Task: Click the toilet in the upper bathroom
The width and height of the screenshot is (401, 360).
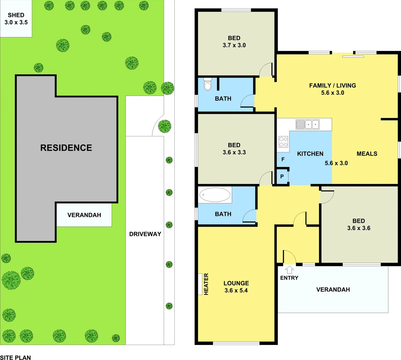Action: (x=208, y=84)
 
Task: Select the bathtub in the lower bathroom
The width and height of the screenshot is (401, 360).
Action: (x=215, y=195)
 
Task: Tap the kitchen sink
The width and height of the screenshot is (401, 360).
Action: (x=307, y=124)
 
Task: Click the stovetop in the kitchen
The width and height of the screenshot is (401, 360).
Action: (x=283, y=142)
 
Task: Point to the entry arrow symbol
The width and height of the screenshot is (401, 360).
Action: (x=289, y=270)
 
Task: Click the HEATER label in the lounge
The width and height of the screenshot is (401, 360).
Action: (x=206, y=284)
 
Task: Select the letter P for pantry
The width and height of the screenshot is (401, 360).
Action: (x=282, y=177)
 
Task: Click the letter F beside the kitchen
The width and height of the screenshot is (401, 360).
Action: (x=283, y=160)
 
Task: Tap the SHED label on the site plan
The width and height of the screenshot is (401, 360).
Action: (x=16, y=15)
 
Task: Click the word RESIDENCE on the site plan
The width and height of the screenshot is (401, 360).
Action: (x=66, y=148)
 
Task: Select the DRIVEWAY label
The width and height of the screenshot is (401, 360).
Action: (x=145, y=234)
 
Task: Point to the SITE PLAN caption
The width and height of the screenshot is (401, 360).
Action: (x=16, y=357)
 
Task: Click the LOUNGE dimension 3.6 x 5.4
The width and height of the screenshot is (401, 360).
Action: (x=236, y=291)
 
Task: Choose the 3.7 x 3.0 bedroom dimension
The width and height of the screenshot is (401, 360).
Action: (x=234, y=45)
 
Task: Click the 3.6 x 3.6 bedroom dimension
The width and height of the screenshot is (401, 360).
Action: (x=359, y=228)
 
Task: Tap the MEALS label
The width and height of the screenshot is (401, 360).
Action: (x=367, y=154)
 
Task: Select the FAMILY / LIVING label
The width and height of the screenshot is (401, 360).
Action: (x=332, y=86)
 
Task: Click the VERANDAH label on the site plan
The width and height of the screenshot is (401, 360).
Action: (x=84, y=215)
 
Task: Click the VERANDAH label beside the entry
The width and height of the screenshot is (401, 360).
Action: (x=333, y=290)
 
